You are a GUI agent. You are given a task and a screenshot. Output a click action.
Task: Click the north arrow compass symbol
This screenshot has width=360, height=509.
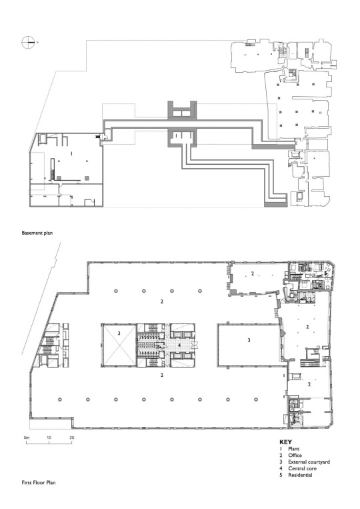[28, 43]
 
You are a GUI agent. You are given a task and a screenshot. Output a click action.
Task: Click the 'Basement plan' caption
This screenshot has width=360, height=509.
[37, 233]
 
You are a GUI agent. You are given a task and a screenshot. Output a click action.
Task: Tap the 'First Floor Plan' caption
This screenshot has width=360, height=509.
[39, 482]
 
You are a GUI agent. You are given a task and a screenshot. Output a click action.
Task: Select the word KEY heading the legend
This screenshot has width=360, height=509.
[285, 442]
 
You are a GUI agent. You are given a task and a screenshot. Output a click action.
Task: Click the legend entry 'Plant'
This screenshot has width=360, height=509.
[293, 448]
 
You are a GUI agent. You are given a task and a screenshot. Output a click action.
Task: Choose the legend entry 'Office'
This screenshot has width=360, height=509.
[295, 455]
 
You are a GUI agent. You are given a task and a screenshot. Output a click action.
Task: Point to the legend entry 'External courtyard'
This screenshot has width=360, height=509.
[309, 462]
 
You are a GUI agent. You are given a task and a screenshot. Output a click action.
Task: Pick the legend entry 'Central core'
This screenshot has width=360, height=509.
[302, 468]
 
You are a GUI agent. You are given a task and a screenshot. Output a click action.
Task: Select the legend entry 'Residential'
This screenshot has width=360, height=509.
[300, 475]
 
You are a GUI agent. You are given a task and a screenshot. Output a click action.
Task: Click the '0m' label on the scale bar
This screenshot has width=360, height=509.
[27, 438]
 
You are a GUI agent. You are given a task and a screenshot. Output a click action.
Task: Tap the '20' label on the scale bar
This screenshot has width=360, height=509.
[72, 438]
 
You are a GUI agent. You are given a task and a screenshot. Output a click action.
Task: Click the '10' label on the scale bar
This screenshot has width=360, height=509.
[49, 438]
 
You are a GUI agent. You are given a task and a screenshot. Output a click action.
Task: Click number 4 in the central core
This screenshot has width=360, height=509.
[179, 345]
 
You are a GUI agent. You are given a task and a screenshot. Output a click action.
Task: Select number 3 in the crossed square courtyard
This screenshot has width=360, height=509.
[119, 333]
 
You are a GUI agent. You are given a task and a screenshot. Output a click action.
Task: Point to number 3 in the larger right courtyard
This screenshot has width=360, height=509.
[249, 340]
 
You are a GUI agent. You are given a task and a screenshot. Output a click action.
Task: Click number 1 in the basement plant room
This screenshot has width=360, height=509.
[71, 152]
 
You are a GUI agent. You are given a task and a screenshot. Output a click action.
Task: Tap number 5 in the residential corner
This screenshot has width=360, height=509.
[325, 273]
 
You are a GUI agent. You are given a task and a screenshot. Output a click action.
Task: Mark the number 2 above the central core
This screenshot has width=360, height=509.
[161, 302]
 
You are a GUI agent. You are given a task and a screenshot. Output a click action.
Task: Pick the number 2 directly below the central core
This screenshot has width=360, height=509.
[161, 375]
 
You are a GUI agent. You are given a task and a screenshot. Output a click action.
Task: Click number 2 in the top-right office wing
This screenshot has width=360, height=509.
[253, 274]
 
